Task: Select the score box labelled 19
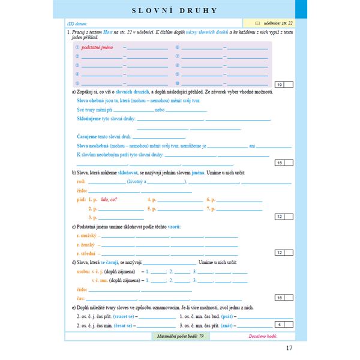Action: click(x=280, y=85)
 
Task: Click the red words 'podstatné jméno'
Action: click(x=100, y=47)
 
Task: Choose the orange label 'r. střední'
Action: click(x=87, y=253)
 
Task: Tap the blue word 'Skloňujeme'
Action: click(x=91, y=119)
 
